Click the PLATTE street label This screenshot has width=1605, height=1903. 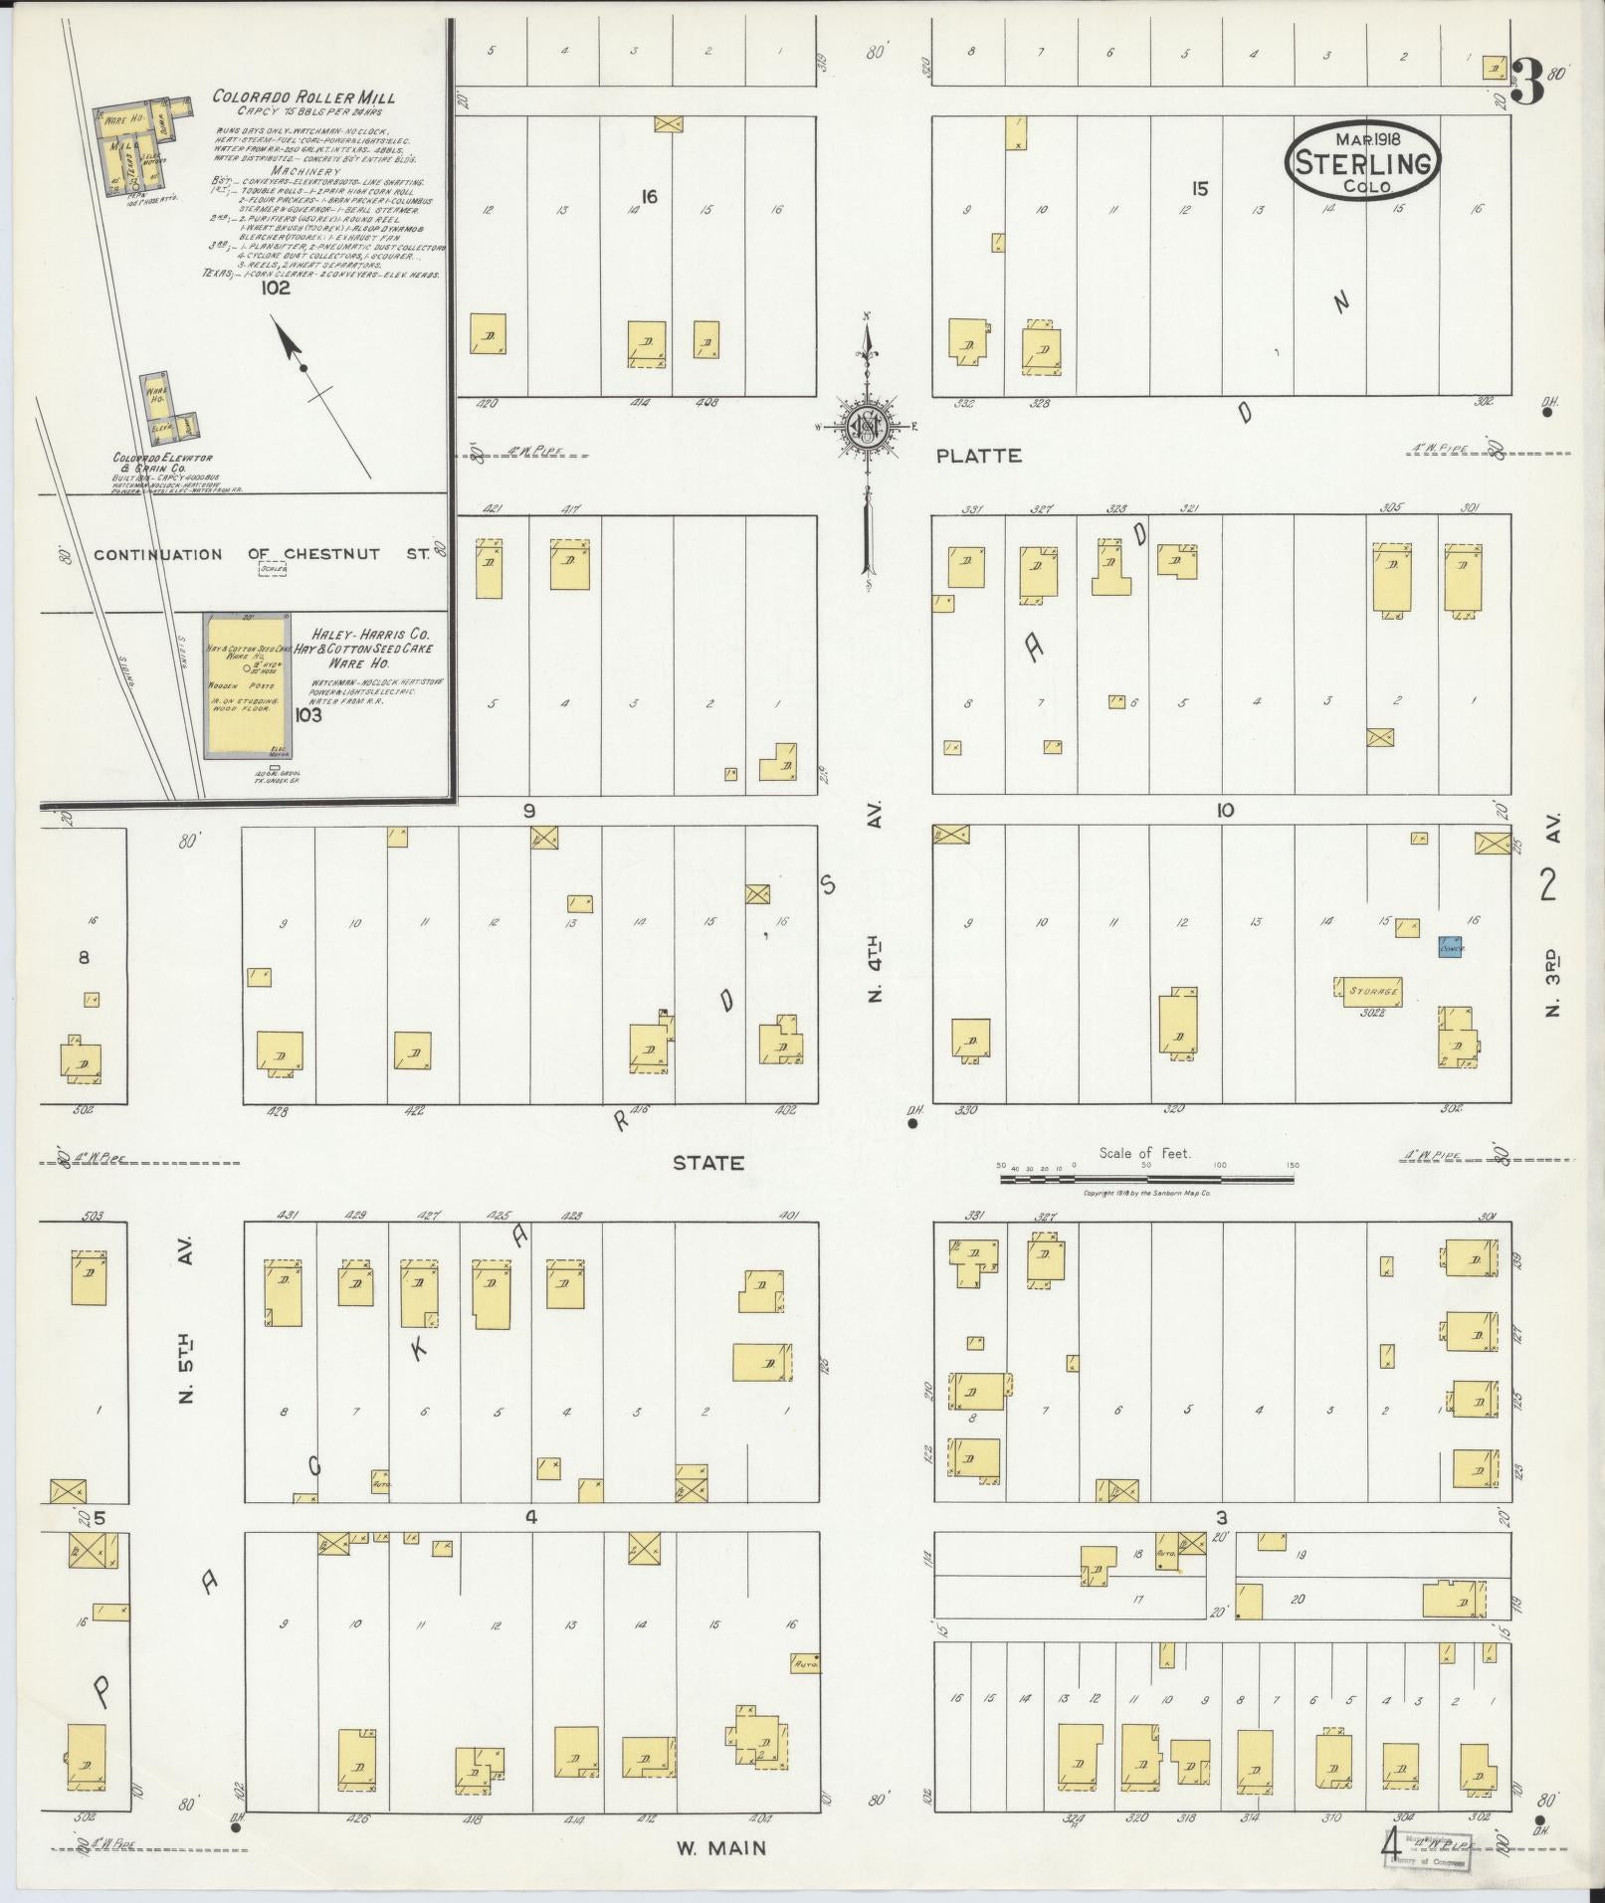pyautogui.click(x=978, y=456)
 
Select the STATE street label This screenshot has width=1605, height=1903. pyautogui.click(x=708, y=1162)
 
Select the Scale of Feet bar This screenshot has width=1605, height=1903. pyautogui.click(x=1145, y=1180)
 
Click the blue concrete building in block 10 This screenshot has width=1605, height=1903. pyautogui.click(x=1451, y=946)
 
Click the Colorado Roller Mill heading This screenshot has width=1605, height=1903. pyautogui.click(x=302, y=97)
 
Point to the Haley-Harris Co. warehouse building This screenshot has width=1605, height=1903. pyautogui.click(x=247, y=686)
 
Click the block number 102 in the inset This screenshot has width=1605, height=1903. pyautogui.click(x=275, y=288)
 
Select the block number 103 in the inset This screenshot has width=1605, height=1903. pyautogui.click(x=308, y=714)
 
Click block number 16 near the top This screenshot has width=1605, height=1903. pyautogui.click(x=649, y=197)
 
